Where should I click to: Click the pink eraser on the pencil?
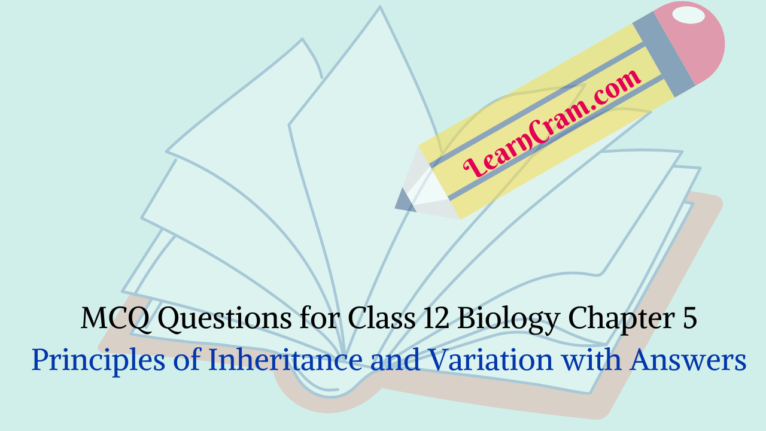pyautogui.click(x=694, y=42)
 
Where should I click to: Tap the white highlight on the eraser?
pyautogui.click(x=688, y=15)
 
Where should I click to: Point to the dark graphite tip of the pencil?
pyautogui.click(x=405, y=201)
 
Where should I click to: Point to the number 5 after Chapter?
pyautogui.click(x=689, y=319)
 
